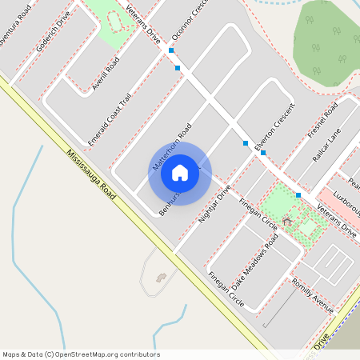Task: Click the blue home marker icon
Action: tap(180, 172)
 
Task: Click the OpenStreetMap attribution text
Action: tap(81, 354)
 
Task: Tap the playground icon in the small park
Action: tap(287, 219)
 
